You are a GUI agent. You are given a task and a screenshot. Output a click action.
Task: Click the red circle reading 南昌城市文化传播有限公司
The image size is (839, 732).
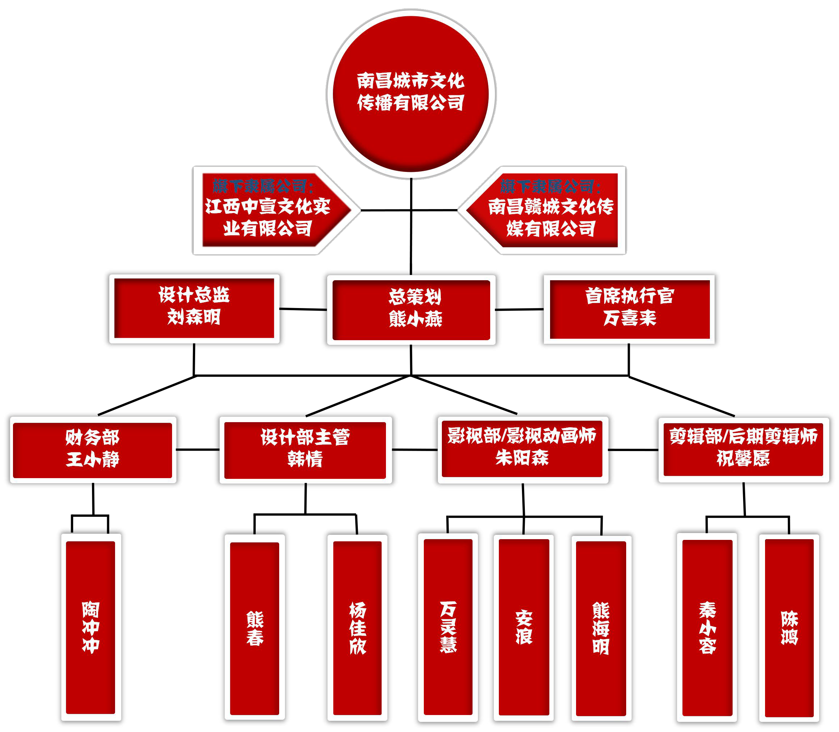pyautogui.click(x=410, y=93)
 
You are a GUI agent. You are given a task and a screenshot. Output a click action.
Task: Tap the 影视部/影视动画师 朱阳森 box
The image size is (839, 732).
pyautogui.click(x=522, y=449)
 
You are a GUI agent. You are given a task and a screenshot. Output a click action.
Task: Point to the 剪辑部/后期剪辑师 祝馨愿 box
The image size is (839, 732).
pyautogui.click(x=743, y=449)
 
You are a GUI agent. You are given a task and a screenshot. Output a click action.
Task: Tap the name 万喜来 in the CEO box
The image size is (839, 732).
pyautogui.click(x=630, y=318)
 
